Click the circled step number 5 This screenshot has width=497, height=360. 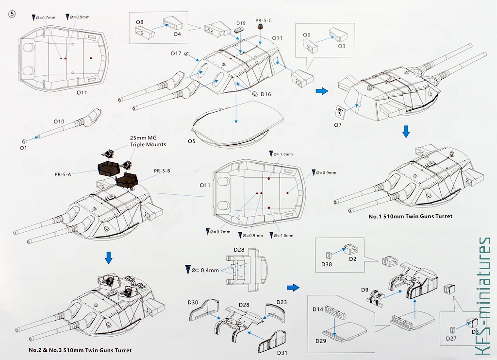tap(12, 14)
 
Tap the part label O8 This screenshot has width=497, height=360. tap(139, 22)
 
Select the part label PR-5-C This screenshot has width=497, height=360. tap(264, 21)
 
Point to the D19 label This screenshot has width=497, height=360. tap(241, 23)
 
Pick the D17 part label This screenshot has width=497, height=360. tap(176, 54)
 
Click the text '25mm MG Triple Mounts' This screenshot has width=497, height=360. tap(148, 141)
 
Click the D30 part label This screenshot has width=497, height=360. tap(193, 303)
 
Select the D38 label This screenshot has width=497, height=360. tap(327, 264)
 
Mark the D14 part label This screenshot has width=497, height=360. tap(318, 309)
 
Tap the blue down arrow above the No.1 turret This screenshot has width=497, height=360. tap(407, 131)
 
